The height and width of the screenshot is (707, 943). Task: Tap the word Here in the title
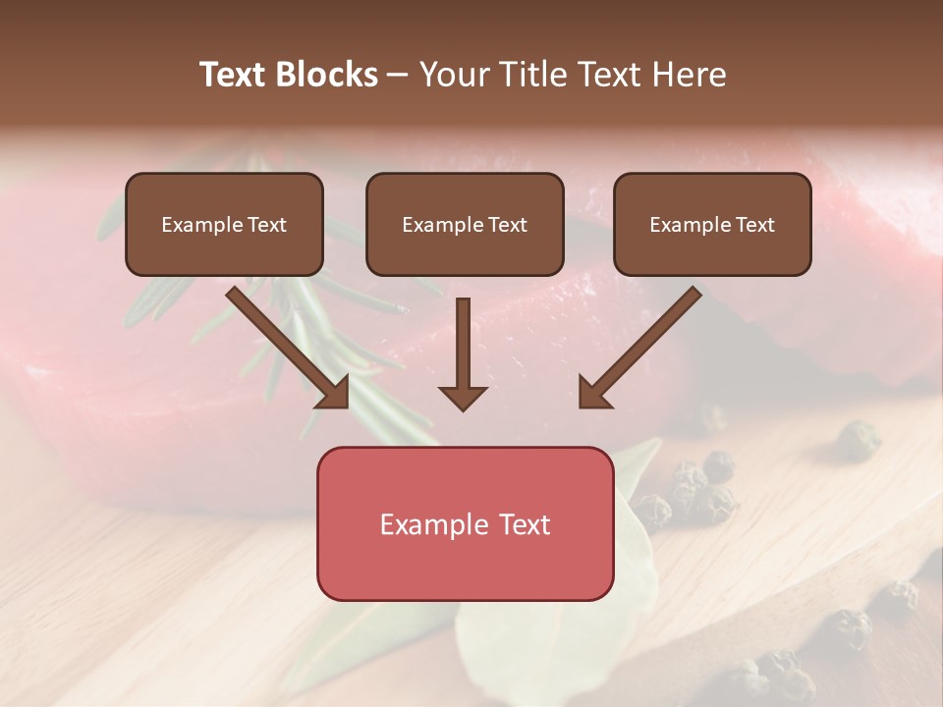(x=689, y=75)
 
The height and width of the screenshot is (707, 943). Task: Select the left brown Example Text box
(x=224, y=224)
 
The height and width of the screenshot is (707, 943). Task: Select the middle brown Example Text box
(x=465, y=224)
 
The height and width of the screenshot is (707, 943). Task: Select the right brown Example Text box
(x=712, y=224)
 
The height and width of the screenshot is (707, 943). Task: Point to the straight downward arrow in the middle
(x=463, y=344)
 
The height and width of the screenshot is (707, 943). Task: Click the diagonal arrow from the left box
(x=285, y=344)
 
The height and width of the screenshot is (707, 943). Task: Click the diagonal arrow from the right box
(x=643, y=344)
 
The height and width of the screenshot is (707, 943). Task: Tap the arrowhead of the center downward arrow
(x=463, y=398)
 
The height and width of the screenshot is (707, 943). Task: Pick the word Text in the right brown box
(x=753, y=224)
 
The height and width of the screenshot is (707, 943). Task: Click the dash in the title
(x=398, y=75)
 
